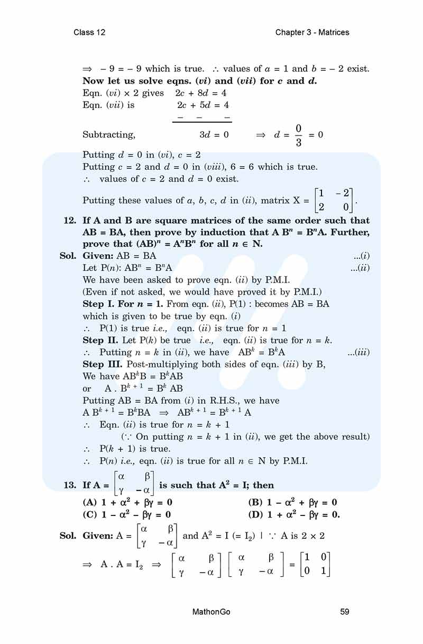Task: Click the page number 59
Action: [x=345, y=612]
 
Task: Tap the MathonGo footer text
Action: [x=212, y=612]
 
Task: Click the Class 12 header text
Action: [x=89, y=32]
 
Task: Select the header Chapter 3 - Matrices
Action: [x=312, y=32]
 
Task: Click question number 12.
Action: [x=70, y=221]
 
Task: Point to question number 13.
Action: [x=70, y=485]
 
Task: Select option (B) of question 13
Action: [x=292, y=502]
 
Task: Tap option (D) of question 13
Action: [x=294, y=514]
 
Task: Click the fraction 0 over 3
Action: [x=298, y=135]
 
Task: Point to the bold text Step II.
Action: [x=100, y=340]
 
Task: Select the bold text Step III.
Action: [x=103, y=365]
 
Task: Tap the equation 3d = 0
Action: [x=214, y=135]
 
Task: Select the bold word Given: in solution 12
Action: [x=98, y=256]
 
